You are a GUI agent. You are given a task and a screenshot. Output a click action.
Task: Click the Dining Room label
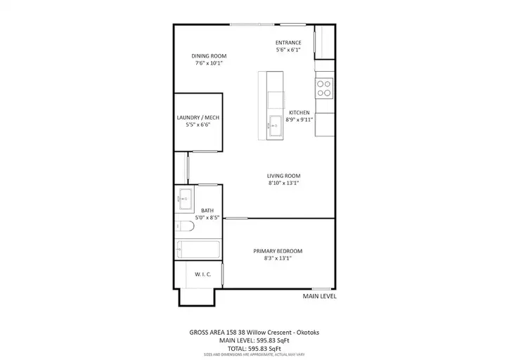[209, 56]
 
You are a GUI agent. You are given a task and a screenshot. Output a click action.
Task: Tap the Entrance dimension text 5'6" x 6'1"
[288, 50]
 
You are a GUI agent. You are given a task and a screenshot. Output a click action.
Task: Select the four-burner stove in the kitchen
[324, 89]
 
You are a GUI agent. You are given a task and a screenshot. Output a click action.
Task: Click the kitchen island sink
[275, 126]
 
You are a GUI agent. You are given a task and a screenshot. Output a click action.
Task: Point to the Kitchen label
[299, 112]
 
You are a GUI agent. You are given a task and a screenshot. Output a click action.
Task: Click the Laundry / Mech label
[198, 117]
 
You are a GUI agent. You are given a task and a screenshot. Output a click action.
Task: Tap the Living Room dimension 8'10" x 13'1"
[283, 183]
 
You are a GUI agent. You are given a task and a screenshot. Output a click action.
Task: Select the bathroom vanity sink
[184, 199]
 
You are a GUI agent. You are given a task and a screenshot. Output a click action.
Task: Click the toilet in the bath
[184, 226]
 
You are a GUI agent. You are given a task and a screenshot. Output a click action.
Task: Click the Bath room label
[207, 210]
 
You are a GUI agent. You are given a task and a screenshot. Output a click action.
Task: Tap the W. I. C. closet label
[203, 274]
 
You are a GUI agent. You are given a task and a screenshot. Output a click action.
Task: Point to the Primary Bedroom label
[278, 251]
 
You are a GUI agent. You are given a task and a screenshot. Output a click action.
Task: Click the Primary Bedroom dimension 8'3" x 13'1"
[278, 258]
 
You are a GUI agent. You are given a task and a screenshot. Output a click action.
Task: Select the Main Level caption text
[319, 296]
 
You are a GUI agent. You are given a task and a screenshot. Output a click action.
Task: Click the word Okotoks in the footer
[309, 333]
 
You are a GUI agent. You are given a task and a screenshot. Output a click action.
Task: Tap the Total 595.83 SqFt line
[254, 349]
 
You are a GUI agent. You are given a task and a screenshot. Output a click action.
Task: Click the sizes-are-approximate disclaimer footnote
[254, 355]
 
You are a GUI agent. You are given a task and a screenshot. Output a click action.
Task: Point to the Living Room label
[283, 176]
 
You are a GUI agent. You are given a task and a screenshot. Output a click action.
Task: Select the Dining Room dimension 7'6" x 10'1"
[209, 63]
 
